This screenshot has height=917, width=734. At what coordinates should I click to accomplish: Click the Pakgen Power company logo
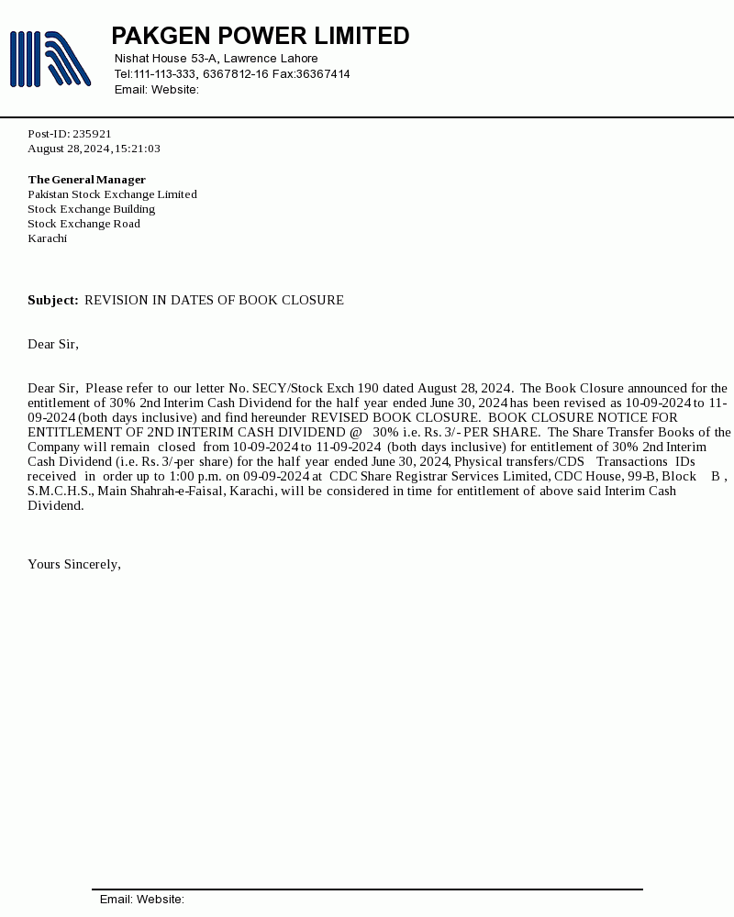point(50,59)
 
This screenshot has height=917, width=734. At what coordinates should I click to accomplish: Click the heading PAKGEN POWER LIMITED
point(260,36)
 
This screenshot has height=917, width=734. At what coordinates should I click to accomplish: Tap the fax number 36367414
point(322,74)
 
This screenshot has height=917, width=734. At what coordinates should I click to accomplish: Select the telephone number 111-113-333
point(165,74)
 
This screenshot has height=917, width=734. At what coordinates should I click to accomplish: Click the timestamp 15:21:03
point(138,149)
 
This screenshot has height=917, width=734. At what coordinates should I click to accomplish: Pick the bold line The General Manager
point(86,180)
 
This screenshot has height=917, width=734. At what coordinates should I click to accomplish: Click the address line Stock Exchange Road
point(83,224)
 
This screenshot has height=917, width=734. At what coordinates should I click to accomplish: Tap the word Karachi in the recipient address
point(47,238)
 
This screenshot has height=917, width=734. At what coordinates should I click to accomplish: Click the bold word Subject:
point(53,300)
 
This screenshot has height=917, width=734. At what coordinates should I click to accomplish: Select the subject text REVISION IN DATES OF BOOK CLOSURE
point(214,300)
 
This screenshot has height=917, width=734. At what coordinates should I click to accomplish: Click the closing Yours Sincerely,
point(73,564)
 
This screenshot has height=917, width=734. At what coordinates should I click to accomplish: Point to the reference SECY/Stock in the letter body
point(286,388)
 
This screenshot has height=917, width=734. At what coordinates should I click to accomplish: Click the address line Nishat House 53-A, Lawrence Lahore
point(216,59)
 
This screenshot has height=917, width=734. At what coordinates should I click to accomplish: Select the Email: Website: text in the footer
point(142,900)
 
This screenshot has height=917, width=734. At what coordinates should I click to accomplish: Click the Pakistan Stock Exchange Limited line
point(112,194)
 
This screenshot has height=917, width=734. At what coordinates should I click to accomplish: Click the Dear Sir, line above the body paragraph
point(53,344)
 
